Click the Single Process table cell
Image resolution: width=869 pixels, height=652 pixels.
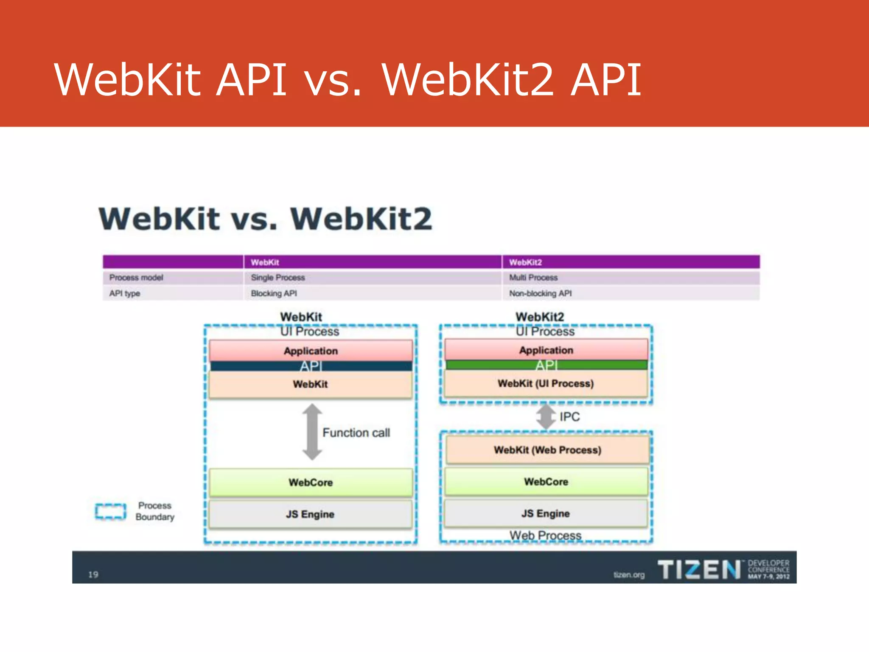278,278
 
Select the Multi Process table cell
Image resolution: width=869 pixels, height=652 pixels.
533,278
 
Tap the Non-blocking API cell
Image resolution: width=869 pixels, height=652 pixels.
540,293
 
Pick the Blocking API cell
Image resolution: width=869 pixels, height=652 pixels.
274,293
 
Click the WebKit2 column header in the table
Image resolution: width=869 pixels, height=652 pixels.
525,262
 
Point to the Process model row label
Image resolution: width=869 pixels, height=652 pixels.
136,278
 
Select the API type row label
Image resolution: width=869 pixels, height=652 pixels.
125,293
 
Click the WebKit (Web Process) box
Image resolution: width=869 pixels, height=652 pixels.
547,450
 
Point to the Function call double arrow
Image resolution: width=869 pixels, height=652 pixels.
312,432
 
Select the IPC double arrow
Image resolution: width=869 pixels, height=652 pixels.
546,417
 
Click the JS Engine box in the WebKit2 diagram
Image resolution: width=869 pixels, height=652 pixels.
546,514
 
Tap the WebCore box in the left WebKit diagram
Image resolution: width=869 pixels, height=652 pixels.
311,483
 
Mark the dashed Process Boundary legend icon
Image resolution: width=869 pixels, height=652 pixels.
111,511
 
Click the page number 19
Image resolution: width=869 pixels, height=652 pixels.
93,575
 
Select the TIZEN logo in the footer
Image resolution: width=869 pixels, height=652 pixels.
698,569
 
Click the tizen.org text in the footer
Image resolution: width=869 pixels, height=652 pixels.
629,575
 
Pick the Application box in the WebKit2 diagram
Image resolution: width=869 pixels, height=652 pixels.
546,350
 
